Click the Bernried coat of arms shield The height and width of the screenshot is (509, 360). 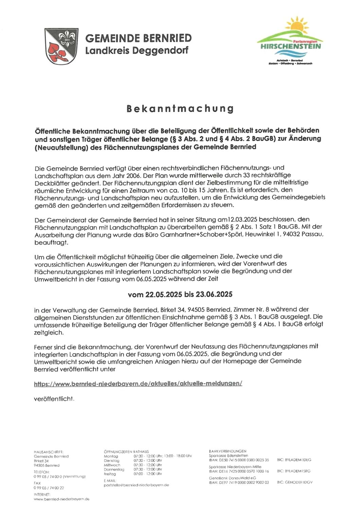61,46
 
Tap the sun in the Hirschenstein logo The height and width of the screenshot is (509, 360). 296,25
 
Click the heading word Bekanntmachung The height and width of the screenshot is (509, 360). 180,109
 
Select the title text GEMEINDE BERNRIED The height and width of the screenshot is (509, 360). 138,38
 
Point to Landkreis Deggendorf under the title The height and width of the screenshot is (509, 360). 137,51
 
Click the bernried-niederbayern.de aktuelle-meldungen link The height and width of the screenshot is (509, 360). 138,383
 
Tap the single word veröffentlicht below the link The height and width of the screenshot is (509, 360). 54,399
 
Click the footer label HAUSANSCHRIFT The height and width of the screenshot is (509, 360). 49,452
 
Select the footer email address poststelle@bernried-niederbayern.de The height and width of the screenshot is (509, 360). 136,485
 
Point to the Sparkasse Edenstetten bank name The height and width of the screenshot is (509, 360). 228,456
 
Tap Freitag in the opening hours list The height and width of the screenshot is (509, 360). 110,474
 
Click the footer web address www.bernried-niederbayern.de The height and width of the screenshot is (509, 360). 61,499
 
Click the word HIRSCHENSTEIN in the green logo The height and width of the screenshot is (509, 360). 291,46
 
